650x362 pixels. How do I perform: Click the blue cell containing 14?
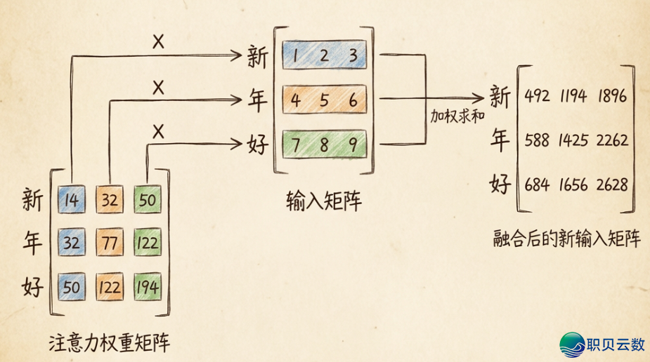[x=71, y=201]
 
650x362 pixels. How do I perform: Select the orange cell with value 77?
[x=109, y=243]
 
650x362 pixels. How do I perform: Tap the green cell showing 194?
[x=148, y=287]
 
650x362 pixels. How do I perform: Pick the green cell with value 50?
[x=148, y=201]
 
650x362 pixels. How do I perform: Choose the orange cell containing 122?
[x=109, y=287]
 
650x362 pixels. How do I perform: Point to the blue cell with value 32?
[x=71, y=243]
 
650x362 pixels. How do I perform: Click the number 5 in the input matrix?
[x=324, y=100]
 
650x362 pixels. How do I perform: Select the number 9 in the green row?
[x=353, y=145]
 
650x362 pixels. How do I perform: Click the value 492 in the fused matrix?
[x=538, y=96]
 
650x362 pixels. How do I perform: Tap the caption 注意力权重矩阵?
[x=110, y=343]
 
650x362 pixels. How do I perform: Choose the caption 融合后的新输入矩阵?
[x=567, y=240]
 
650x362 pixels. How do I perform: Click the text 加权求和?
[x=457, y=116]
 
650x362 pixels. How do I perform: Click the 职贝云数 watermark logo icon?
[x=573, y=344]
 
